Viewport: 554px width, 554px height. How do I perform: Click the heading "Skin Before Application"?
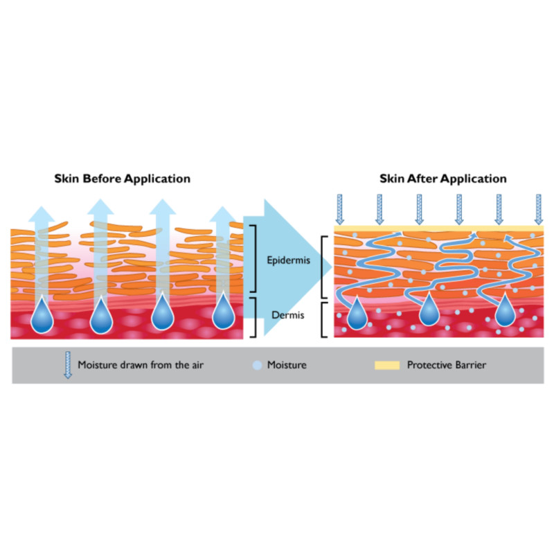(x=122, y=179)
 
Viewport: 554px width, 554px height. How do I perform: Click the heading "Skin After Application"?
(x=443, y=179)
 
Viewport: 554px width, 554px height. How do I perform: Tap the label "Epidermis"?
(x=287, y=262)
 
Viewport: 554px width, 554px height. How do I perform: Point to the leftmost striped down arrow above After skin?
(x=339, y=208)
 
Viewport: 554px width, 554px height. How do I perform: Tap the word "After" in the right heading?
(x=420, y=179)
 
